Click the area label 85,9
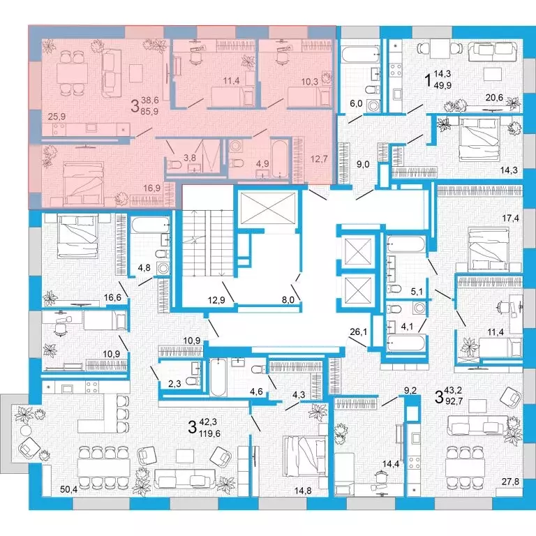click(150, 111)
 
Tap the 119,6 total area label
click(209, 433)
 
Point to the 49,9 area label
click(442, 85)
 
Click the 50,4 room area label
click(69, 490)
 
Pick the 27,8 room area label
click(510, 482)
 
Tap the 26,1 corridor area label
click(359, 331)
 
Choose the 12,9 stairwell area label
click(216, 300)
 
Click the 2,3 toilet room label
click(174, 384)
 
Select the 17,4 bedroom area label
click(510, 218)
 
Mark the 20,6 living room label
click(494, 98)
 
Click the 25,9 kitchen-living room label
click(57, 117)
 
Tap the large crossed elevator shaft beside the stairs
click(268, 208)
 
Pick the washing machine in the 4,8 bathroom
click(163, 268)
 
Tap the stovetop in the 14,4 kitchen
click(415, 462)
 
